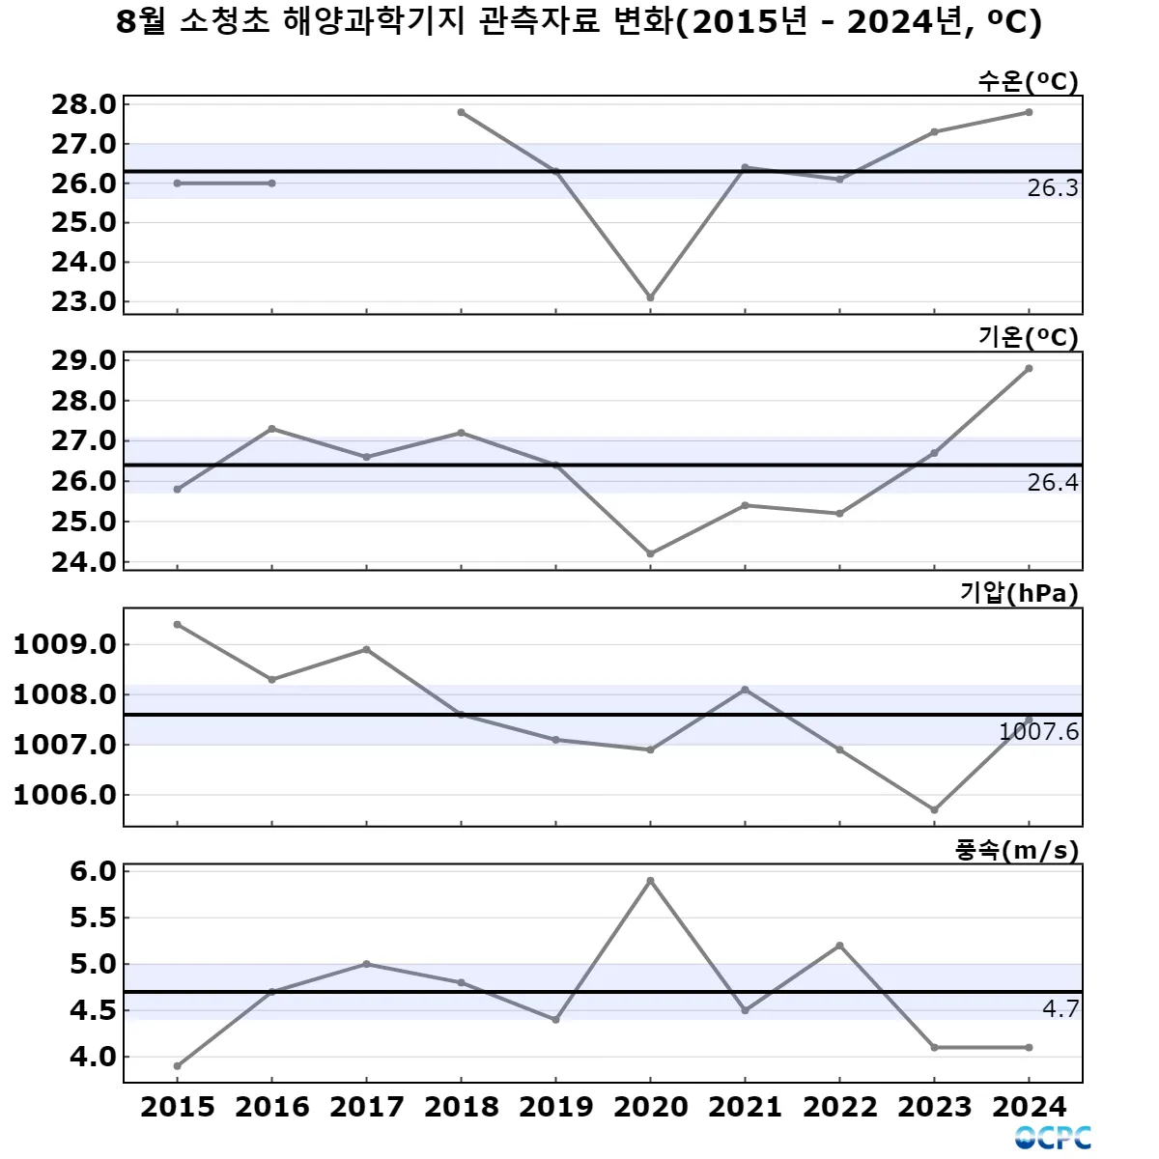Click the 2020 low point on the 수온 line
point(650,297)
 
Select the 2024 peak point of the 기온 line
point(1029,368)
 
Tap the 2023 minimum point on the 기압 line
point(934,809)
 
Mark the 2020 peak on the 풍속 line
point(650,881)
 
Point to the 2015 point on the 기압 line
point(178,624)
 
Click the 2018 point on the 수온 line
point(462,112)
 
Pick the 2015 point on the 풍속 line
point(178,1066)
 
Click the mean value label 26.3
point(1052,188)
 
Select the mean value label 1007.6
point(1038,732)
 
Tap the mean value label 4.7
point(1060,1009)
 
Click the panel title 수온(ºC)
point(1028,81)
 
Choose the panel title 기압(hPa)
point(1019,593)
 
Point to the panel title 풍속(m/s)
point(1017,850)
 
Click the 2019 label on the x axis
point(555,1107)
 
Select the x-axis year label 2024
point(1029,1107)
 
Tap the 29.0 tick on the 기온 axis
point(83,361)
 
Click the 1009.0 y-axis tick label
point(65,644)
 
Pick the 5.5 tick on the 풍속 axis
point(93,918)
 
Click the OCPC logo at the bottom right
point(1053,1138)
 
